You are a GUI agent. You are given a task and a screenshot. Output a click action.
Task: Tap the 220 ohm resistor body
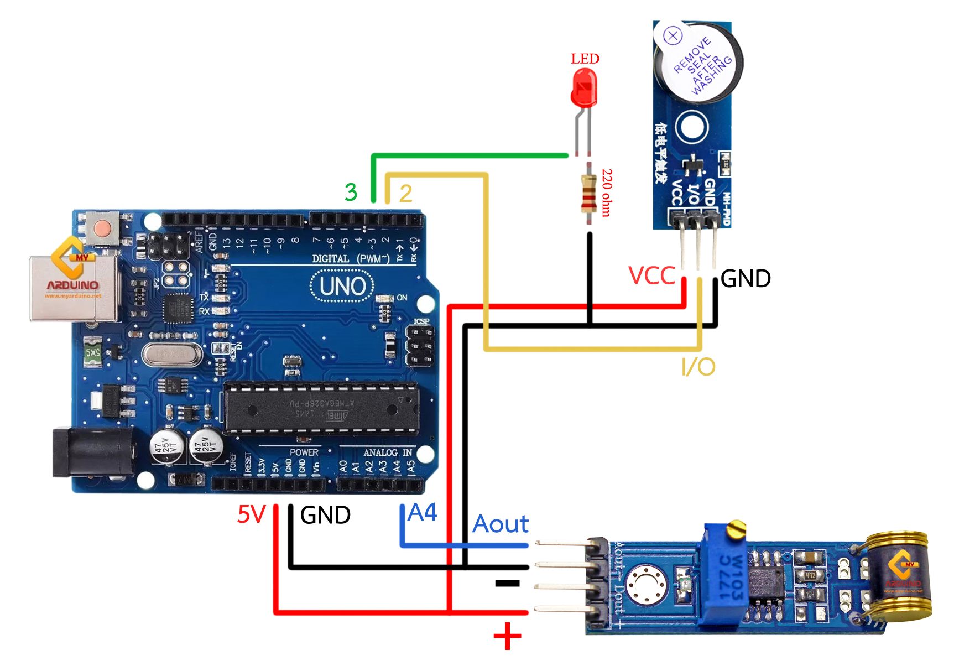(x=588, y=194)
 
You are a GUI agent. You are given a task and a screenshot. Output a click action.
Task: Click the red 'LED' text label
(x=585, y=59)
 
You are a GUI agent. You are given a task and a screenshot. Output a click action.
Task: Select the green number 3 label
(x=351, y=193)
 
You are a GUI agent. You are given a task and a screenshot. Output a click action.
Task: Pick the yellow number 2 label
(x=405, y=194)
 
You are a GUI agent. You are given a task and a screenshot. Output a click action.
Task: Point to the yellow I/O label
(x=698, y=367)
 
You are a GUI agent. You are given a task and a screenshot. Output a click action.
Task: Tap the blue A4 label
(x=423, y=512)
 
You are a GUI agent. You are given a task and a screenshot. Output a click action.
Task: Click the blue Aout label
(x=501, y=524)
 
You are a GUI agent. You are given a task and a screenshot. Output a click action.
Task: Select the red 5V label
(x=252, y=514)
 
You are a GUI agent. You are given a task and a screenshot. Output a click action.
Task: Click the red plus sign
(x=507, y=636)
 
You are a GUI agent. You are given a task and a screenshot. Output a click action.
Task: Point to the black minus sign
(x=507, y=583)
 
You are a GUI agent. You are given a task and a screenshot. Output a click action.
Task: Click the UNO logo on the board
(x=342, y=287)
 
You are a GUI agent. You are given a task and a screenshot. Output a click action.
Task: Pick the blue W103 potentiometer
(x=724, y=575)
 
